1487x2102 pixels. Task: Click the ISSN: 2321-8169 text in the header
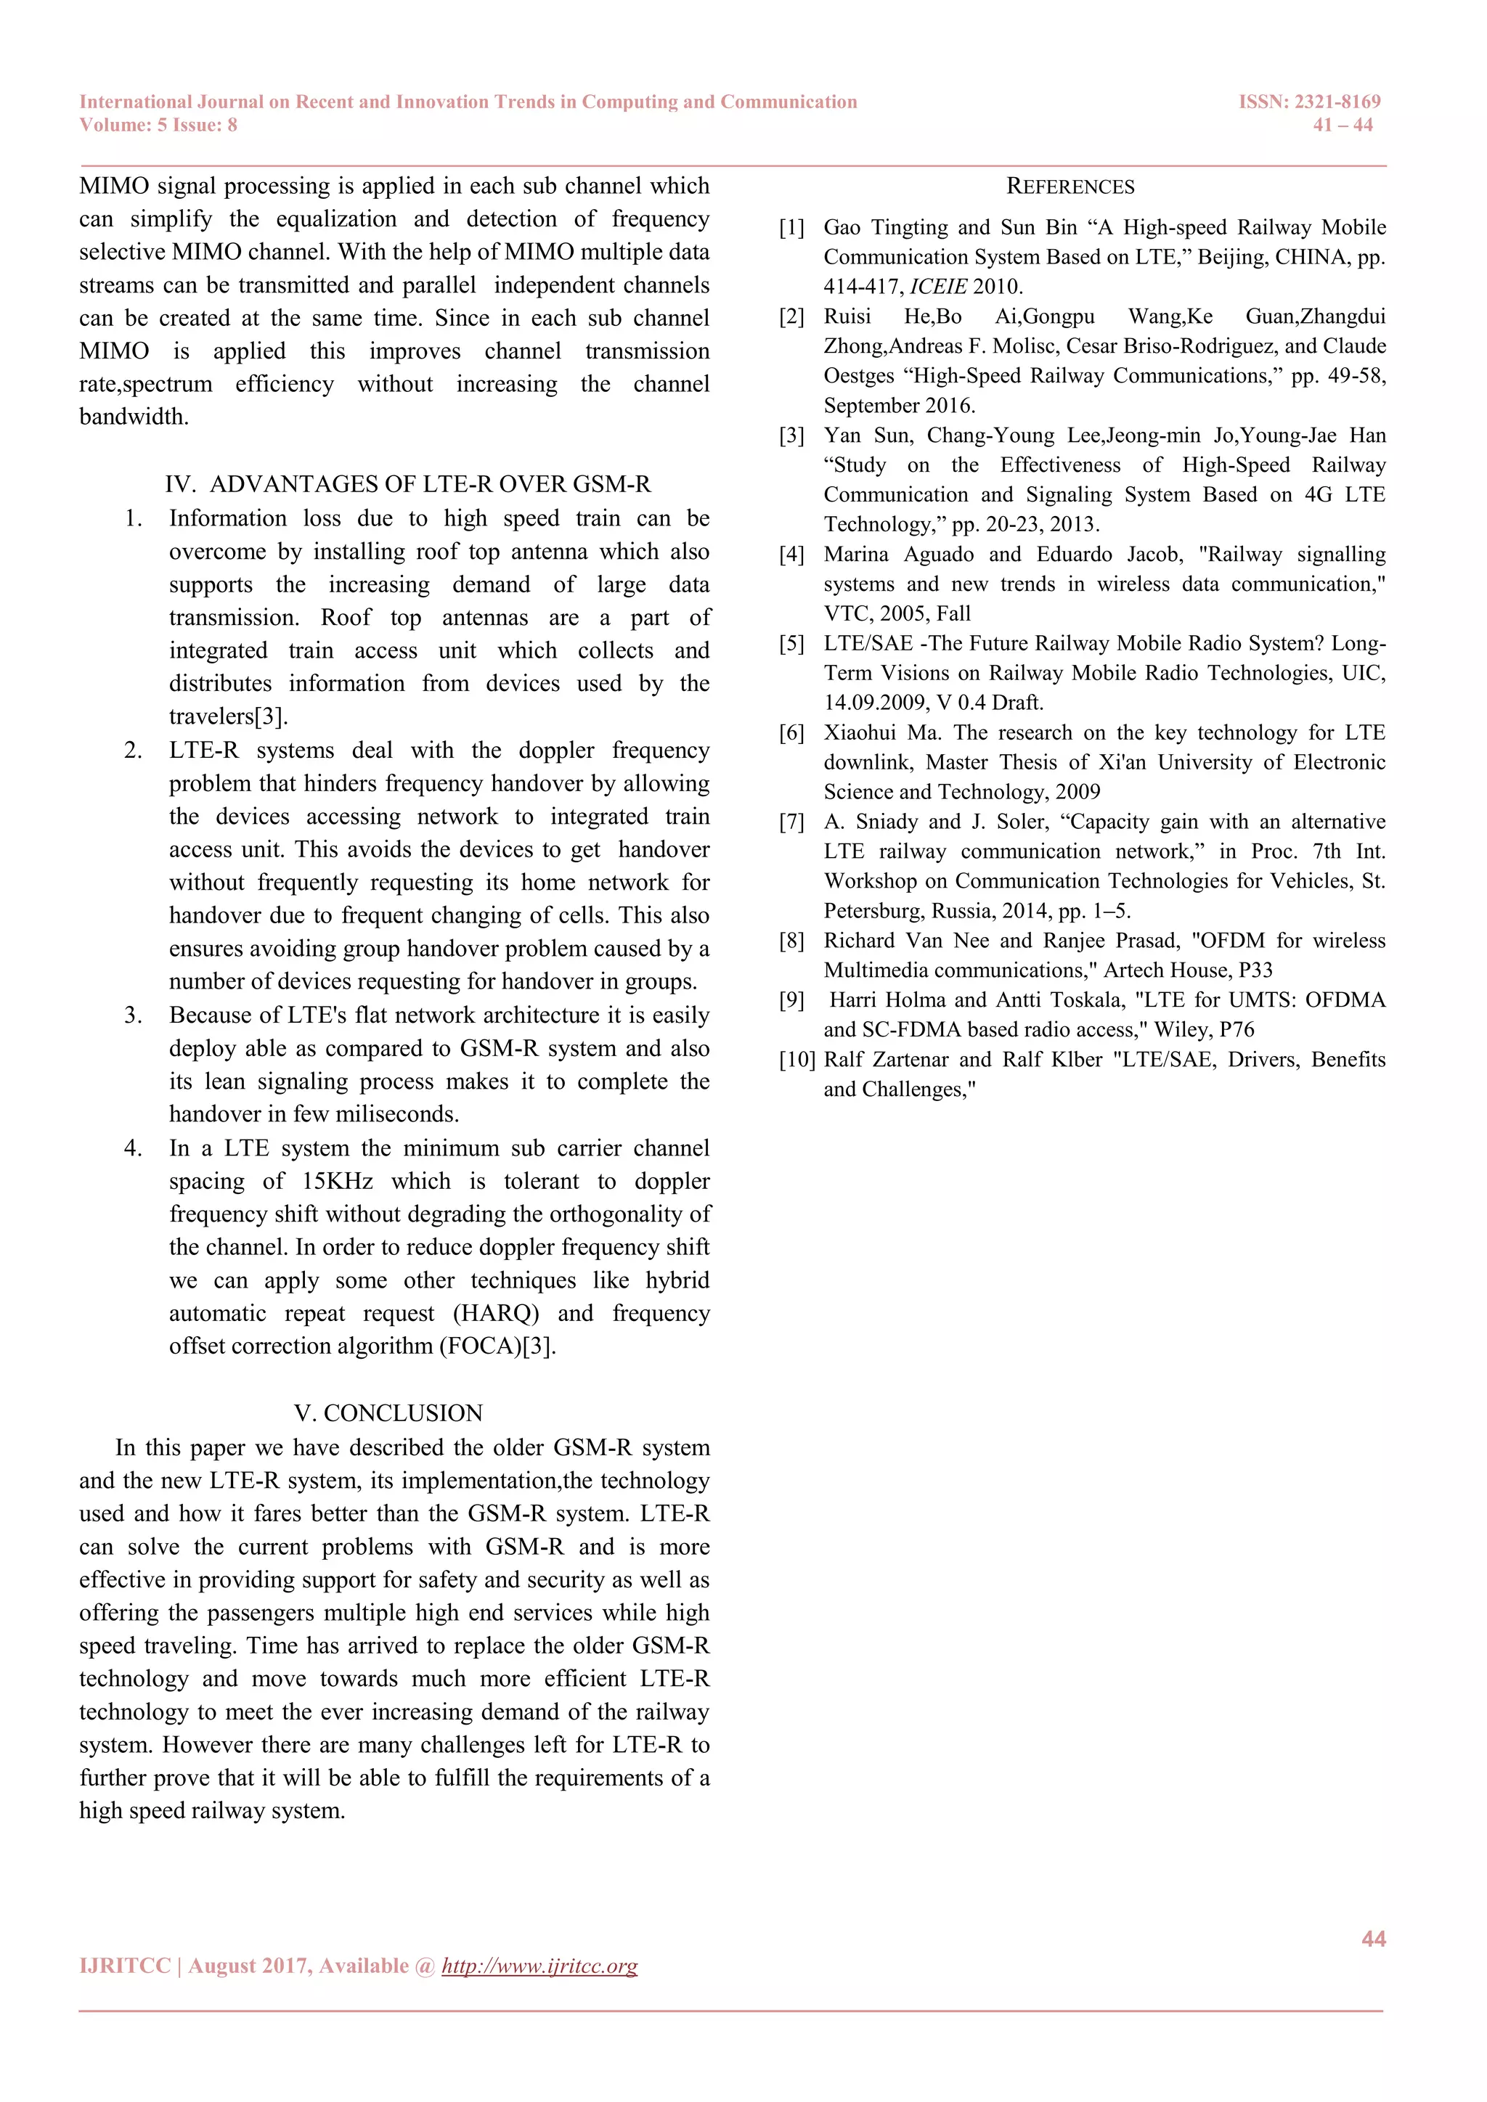coord(1308,102)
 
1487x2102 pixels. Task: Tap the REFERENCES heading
coord(1070,187)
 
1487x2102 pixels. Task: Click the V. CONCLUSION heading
coord(388,1412)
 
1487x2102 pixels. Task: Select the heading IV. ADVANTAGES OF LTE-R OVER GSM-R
coord(407,484)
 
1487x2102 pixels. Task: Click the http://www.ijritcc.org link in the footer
coord(539,1966)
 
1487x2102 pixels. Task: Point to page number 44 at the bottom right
coord(1372,1938)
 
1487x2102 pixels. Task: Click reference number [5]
coord(791,644)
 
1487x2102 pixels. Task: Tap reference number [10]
coord(796,1060)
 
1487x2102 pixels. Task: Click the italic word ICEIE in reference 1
coord(937,287)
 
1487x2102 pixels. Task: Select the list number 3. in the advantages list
coord(133,1015)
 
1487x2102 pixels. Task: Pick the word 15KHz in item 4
coord(338,1181)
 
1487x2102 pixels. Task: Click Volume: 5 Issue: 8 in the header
coord(158,126)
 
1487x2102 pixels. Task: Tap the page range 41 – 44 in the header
coord(1343,126)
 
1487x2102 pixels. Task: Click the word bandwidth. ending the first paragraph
coord(134,417)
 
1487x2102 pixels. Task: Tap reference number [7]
coord(791,822)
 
